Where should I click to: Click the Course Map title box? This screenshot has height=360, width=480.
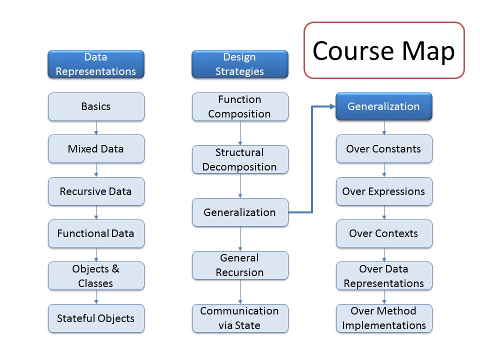point(384,50)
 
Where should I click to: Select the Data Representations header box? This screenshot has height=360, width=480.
point(96,64)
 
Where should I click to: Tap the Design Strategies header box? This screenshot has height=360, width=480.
point(239,64)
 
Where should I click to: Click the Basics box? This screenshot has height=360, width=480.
point(96,106)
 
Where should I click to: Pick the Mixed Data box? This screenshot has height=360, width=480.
point(96,149)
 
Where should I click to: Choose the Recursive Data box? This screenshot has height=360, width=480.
point(96,191)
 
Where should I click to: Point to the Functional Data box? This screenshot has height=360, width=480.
point(96,233)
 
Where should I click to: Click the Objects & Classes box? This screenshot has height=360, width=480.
point(96,276)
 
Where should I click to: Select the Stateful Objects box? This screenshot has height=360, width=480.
point(96,318)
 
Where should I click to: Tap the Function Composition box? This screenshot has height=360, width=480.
point(240,106)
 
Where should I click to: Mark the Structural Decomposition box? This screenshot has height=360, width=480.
point(240,159)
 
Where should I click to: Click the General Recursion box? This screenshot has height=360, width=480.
point(240,265)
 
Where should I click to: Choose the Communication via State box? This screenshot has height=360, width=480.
point(240,318)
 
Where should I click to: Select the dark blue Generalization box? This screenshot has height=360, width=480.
point(384,106)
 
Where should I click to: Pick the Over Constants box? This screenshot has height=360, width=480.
point(384,149)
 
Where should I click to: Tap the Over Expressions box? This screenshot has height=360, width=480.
point(384,191)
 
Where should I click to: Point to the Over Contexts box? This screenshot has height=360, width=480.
point(384,233)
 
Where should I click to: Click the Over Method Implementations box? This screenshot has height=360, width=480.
point(384,318)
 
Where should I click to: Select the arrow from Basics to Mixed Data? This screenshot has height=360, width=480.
point(96,128)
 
